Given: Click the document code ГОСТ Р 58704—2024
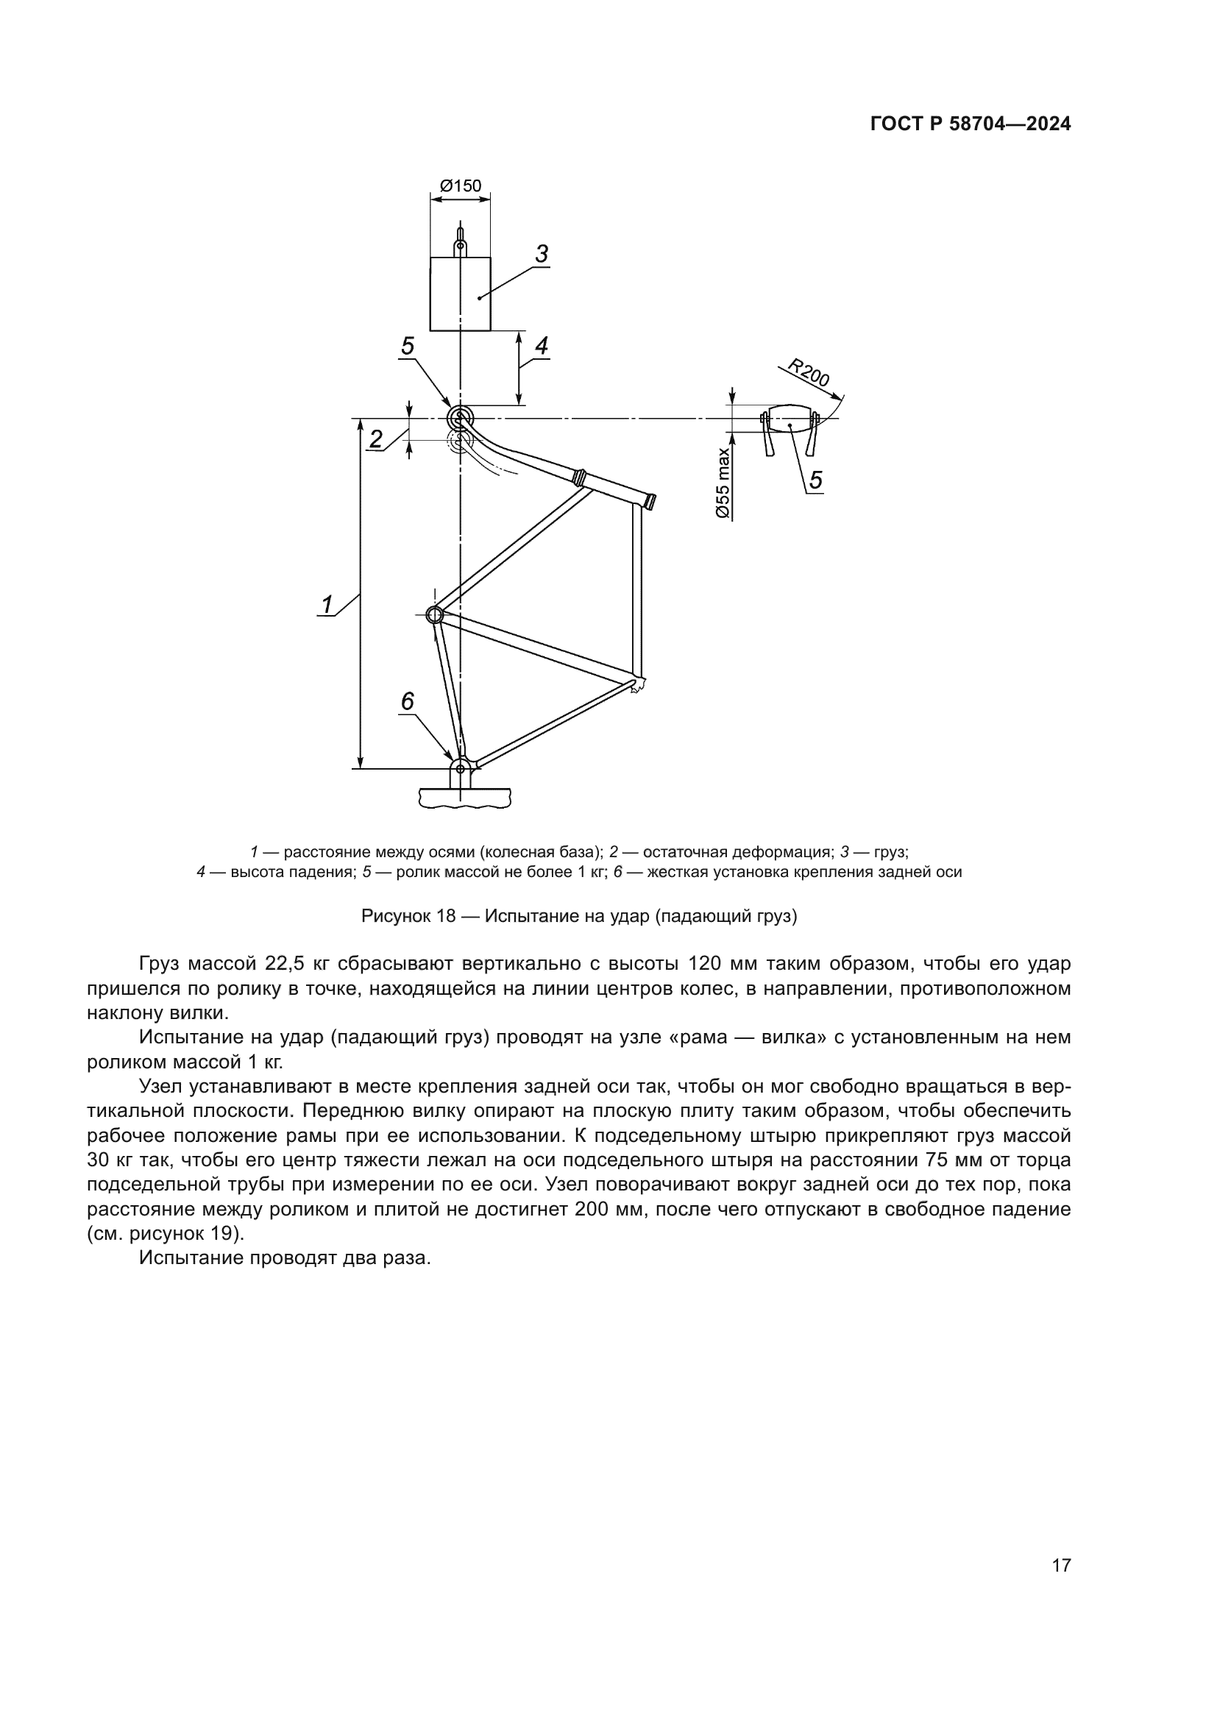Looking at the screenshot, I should [x=971, y=124].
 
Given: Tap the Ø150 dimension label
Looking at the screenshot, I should [x=460, y=185].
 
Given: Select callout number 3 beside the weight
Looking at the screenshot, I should [x=542, y=255].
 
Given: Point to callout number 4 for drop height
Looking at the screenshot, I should [x=541, y=346].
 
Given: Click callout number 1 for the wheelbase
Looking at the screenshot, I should [x=327, y=604].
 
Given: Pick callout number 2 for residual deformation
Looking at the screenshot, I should [x=376, y=439].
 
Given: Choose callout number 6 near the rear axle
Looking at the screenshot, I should [x=407, y=702].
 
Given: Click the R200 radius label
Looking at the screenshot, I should [x=809, y=373].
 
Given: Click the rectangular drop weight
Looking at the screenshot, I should [x=460, y=294].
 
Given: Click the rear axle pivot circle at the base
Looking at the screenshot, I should [x=461, y=767].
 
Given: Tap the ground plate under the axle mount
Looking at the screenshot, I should [x=465, y=797].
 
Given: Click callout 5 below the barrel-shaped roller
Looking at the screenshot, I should [x=816, y=480].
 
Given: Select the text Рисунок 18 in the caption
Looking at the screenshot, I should [x=408, y=916].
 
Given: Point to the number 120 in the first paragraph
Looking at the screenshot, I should [x=703, y=963].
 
